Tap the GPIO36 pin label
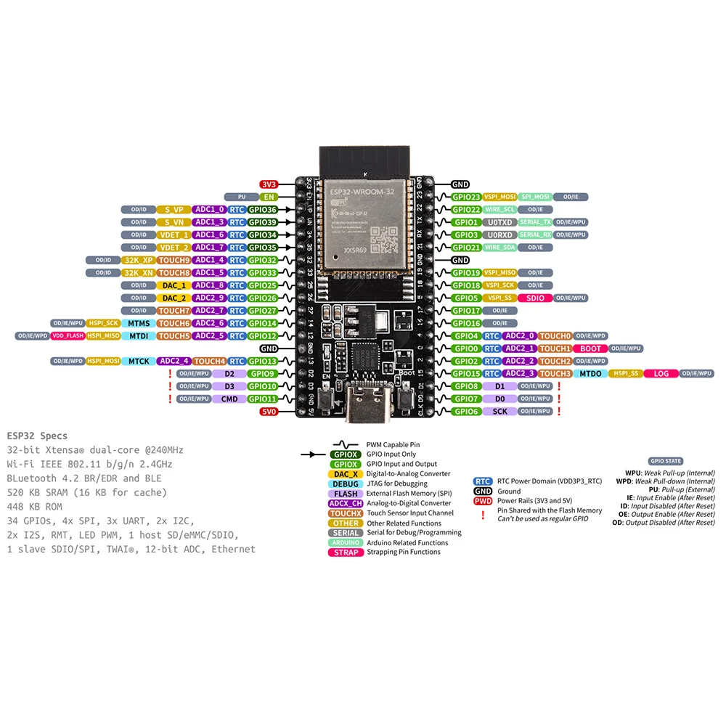tap(262, 210)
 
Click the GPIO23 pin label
tap(466, 197)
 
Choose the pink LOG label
tap(661, 374)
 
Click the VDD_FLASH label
tap(67, 336)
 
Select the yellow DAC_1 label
tap(174, 285)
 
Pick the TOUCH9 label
tap(174, 260)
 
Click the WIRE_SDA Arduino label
tap(499, 248)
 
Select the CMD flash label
tap(229, 399)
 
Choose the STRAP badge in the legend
tap(346, 552)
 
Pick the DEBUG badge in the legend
tap(346, 484)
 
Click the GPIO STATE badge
tap(665, 461)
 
